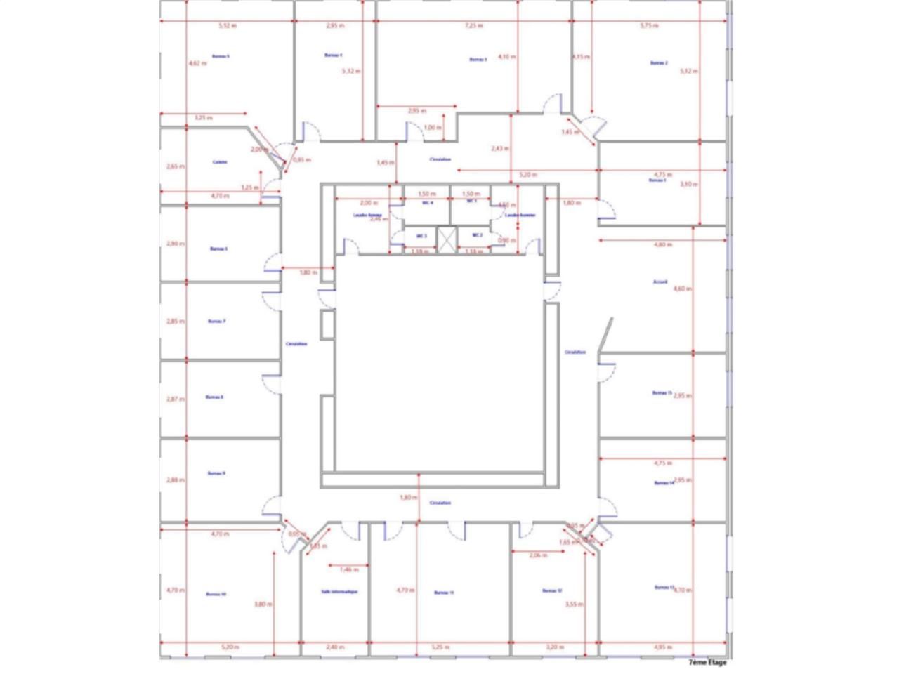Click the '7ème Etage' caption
707,662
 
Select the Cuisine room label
220,162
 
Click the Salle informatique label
339,592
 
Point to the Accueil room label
660,282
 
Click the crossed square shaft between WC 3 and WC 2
446,239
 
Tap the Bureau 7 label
216,322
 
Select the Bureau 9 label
216,474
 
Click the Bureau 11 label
444,593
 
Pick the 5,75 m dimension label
650,26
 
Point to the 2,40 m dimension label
336,647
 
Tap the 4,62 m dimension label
197,63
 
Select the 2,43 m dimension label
499,148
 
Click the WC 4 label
427,203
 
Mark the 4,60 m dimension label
682,289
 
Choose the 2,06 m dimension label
537,555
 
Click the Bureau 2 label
658,63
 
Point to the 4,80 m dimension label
663,245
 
